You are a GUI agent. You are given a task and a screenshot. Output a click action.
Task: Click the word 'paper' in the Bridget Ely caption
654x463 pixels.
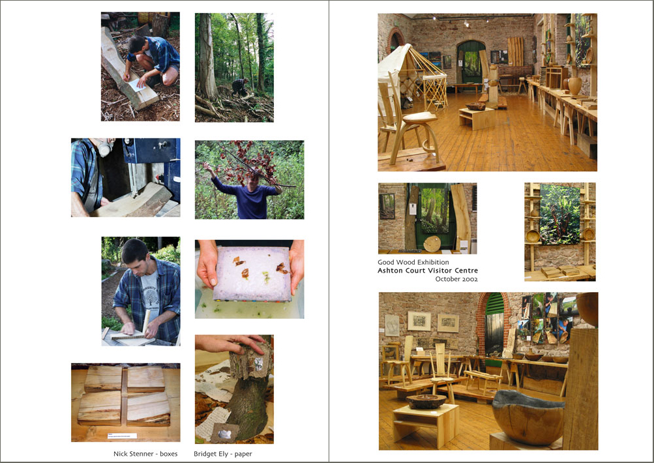[243, 455]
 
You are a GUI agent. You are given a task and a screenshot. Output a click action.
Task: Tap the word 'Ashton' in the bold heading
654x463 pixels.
[390, 270]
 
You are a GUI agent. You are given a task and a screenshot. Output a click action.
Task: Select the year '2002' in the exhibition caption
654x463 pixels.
[469, 279]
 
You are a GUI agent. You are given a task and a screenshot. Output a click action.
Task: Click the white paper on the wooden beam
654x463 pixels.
[137, 85]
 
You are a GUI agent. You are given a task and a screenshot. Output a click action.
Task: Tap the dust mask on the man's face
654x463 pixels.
[105, 148]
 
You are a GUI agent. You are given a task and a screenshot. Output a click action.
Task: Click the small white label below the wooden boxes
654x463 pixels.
[122, 436]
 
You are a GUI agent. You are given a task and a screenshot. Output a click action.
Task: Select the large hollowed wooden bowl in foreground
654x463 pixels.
[528, 417]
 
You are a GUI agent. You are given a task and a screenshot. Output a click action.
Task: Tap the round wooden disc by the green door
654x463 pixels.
[432, 244]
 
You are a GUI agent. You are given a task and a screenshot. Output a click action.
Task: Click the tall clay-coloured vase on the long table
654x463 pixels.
[574, 85]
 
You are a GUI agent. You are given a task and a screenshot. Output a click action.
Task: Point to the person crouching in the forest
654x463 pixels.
[240, 87]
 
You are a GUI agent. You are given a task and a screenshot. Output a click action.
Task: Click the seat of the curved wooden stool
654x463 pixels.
[419, 117]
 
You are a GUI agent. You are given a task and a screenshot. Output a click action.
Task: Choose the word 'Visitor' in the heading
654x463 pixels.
[438, 270]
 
